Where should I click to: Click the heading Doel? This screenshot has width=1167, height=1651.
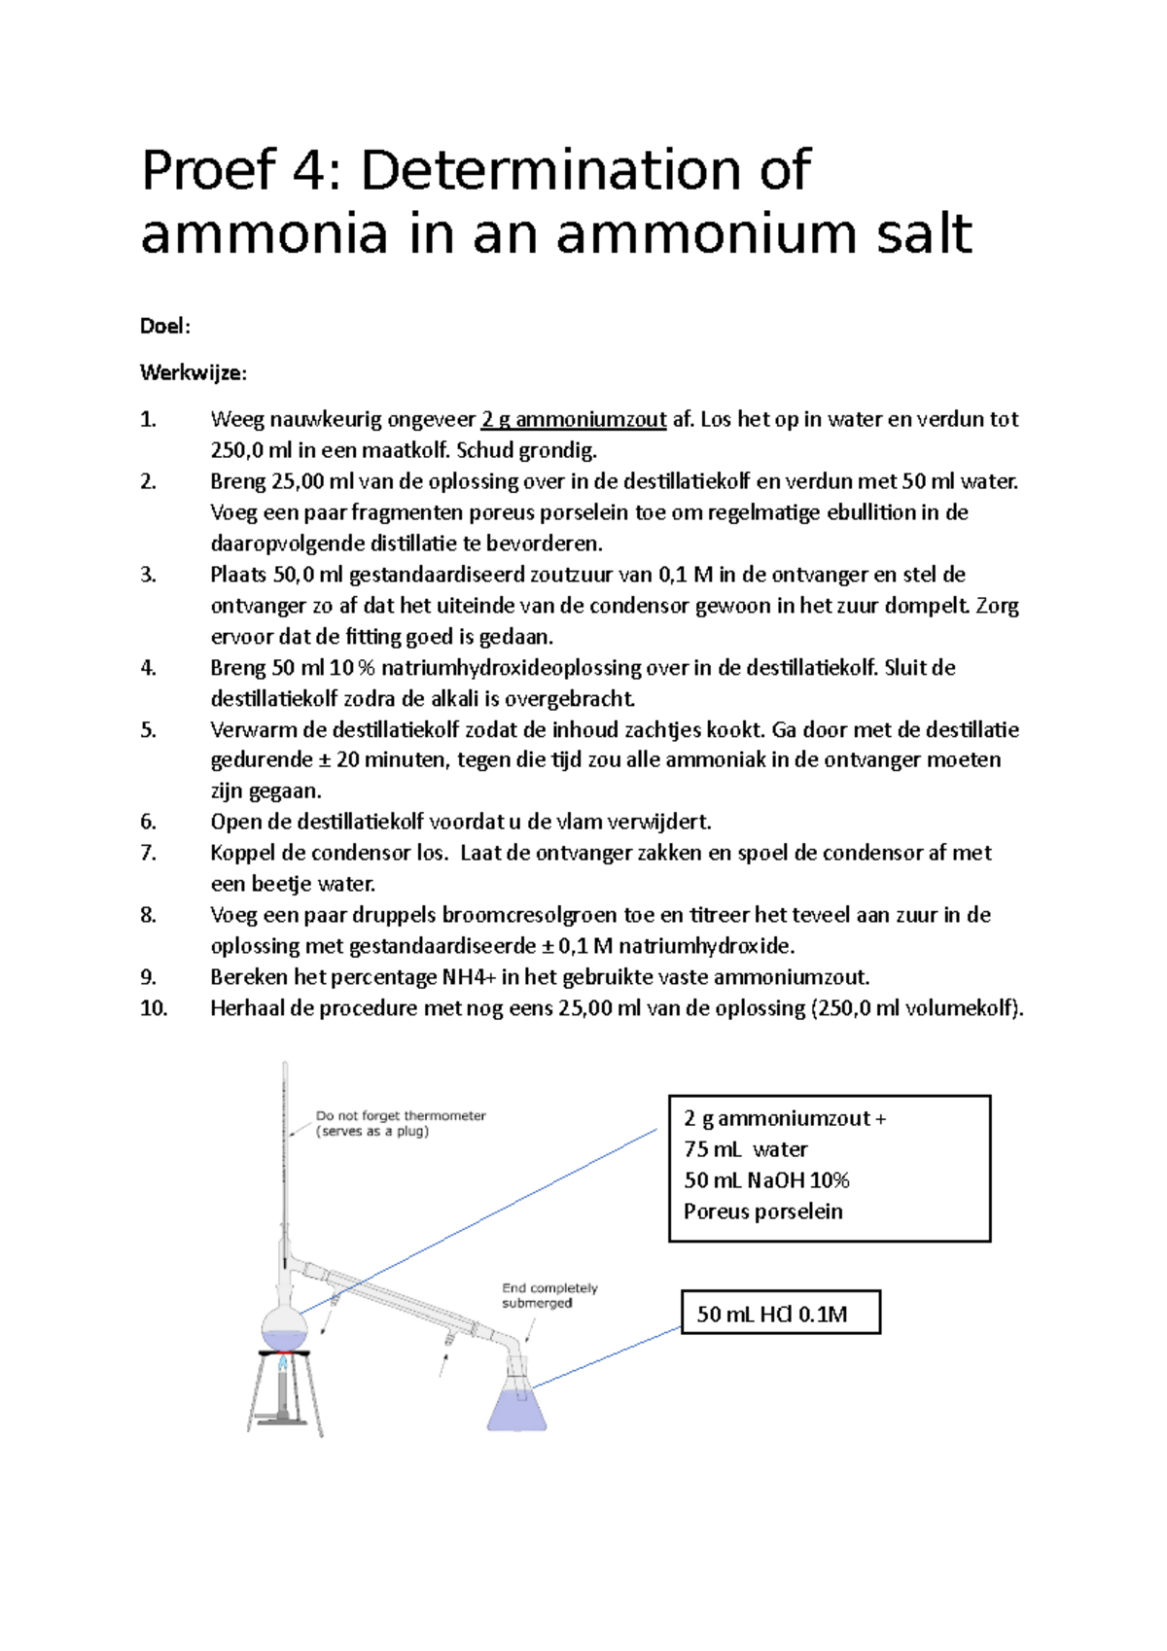click(x=165, y=327)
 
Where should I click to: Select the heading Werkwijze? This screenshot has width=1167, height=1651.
click(x=194, y=373)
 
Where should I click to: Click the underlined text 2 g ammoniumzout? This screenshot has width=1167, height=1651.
click(x=574, y=420)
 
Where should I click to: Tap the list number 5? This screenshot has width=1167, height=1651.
click(x=148, y=730)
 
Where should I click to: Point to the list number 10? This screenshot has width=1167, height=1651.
click(x=154, y=1008)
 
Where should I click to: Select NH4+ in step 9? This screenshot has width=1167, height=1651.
click(x=469, y=977)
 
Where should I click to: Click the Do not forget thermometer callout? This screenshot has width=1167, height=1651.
click(x=400, y=1123)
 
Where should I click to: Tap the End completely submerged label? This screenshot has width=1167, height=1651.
click(x=548, y=1295)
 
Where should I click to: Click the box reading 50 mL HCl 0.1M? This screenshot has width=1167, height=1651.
click(x=780, y=1314)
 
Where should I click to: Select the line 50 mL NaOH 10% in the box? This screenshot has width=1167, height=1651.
click(x=766, y=1180)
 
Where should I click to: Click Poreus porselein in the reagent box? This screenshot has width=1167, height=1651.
click(x=762, y=1212)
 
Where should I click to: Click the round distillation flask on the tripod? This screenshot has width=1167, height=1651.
click(x=284, y=1328)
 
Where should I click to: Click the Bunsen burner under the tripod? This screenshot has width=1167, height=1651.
click(x=283, y=1390)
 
